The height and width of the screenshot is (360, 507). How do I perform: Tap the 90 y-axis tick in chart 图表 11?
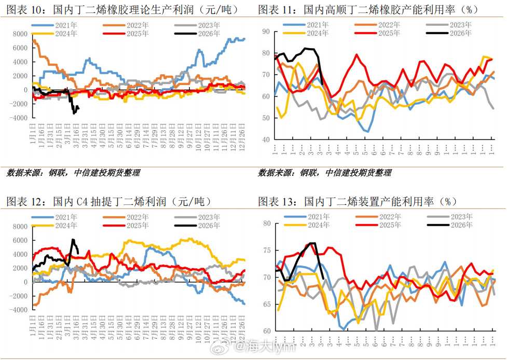266,32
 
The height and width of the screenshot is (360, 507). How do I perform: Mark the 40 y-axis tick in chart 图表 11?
266,140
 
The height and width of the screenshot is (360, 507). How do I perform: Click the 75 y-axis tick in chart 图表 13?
266,250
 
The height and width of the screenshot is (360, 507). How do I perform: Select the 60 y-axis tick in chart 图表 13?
266,331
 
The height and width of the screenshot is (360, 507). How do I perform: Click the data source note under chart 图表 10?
73,173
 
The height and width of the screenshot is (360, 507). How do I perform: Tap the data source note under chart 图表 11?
325,173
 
